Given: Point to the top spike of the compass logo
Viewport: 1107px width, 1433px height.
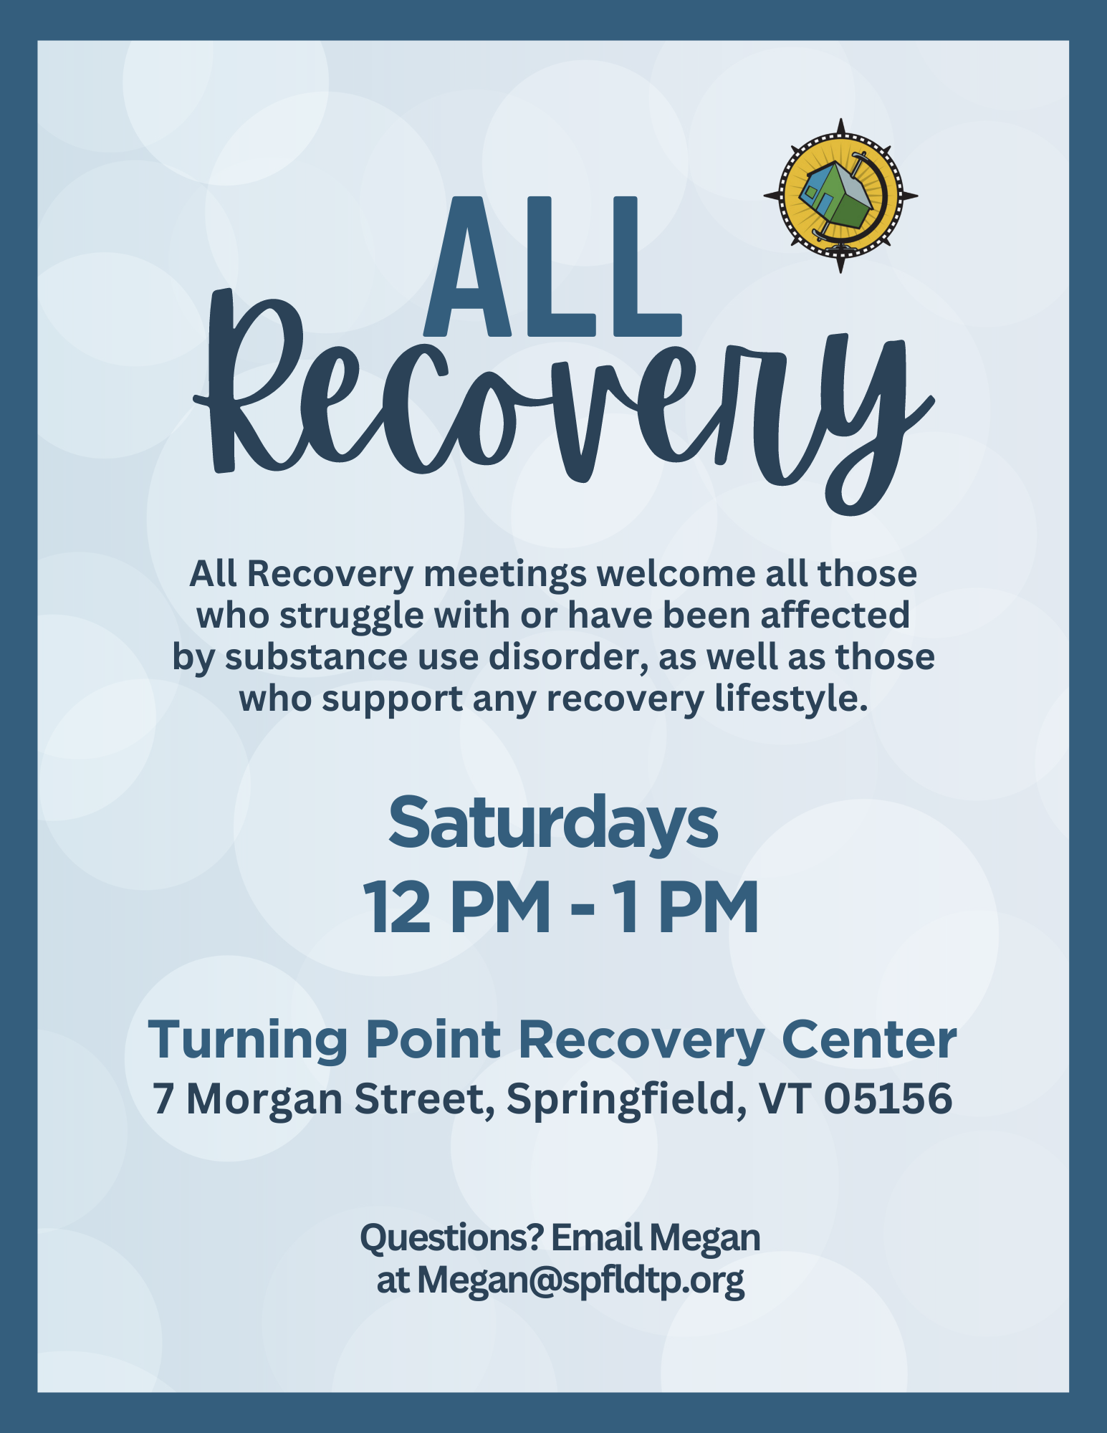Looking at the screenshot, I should [x=841, y=125].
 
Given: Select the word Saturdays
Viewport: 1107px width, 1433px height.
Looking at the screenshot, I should [x=553, y=823].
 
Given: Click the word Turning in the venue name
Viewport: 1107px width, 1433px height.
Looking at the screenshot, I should [x=248, y=1040].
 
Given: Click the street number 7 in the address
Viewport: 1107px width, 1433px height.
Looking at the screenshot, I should [x=163, y=1098].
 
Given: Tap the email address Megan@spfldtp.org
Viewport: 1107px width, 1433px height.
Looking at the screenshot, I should [x=581, y=1281].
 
